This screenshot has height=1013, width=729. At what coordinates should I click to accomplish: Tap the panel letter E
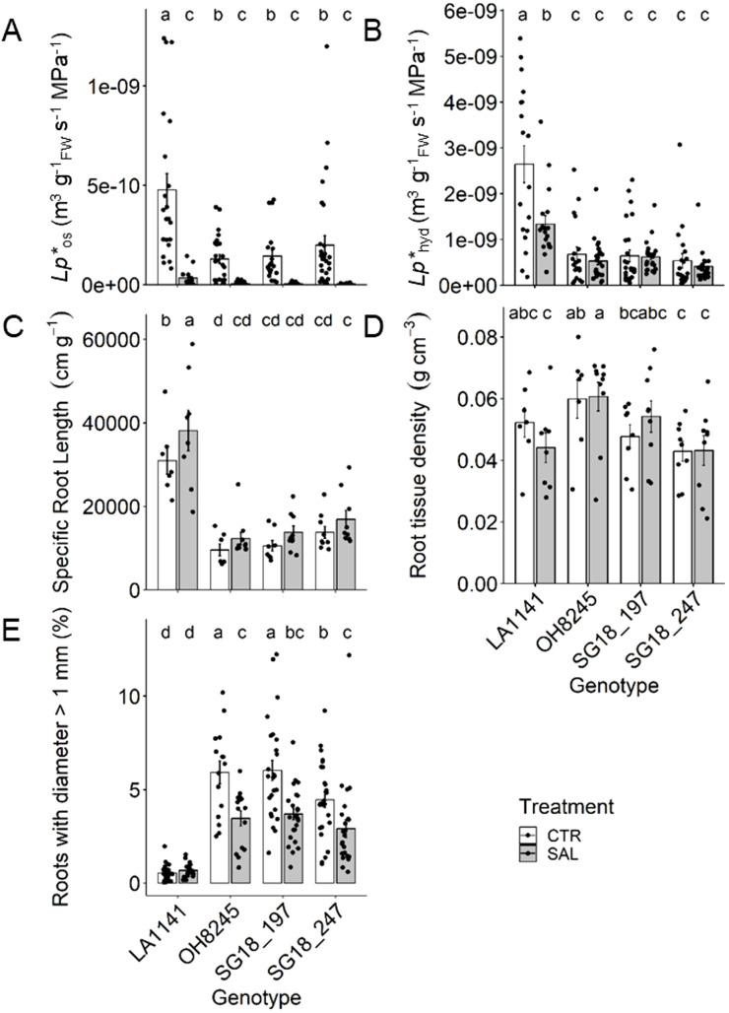click(12, 633)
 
